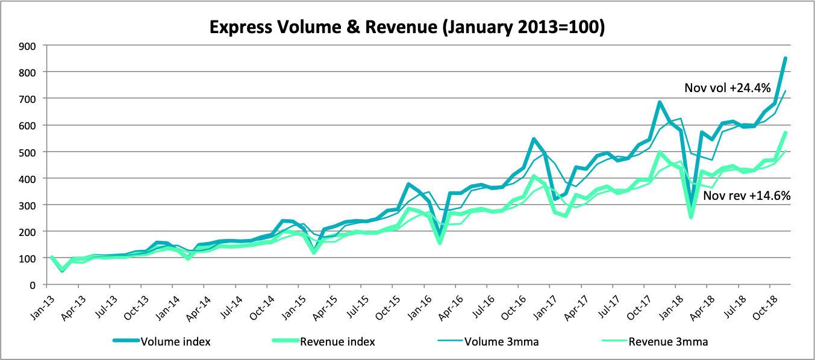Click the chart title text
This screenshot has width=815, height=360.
click(x=407, y=27)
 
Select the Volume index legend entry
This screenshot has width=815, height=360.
click(x=175, y=341)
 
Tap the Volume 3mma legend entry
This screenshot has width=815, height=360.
click(x=501, y=341)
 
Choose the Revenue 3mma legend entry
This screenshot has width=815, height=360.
click(x=668, y=341)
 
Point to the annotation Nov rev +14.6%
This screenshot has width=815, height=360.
click(x=748, y=195)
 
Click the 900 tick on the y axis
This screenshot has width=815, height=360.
click(x=28, y=46)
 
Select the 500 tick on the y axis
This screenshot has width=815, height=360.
click(x=28, y=152)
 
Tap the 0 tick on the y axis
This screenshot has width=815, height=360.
click(x=34, y=285)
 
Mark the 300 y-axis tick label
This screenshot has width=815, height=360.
click(x=28, y=205)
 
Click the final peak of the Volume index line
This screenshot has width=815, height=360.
click(x=785, y=58)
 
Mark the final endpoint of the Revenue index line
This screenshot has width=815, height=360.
click(x=785, y=132)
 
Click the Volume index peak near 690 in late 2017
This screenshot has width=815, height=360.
click(x=660, y=102)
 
